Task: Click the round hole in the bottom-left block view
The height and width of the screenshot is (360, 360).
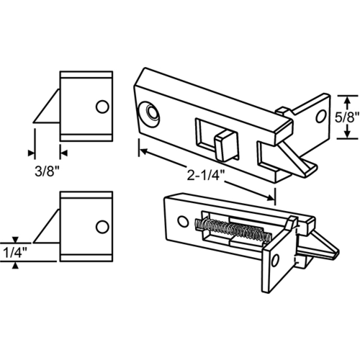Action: coord(104,228)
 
